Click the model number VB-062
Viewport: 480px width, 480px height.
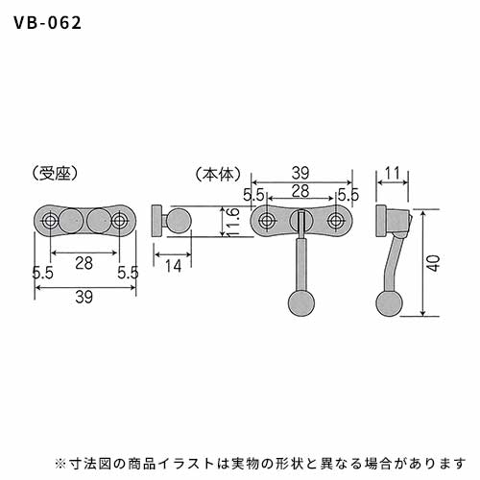(x=48, y=23)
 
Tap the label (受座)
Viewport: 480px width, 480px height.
(x=56, y=174)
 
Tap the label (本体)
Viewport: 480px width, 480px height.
(x=218, y=175)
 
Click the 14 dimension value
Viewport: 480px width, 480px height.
(x=173, y=266)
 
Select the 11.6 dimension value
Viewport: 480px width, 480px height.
(x=233, y=221)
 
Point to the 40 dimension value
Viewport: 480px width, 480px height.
(x=434, y=263)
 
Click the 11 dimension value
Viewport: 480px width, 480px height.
(x=392, y=173)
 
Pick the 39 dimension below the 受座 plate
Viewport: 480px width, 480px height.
(x=84, y=297)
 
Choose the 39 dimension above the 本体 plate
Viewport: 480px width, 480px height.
(x=300, y=173)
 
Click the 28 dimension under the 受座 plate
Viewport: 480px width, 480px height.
(x=84, y=263)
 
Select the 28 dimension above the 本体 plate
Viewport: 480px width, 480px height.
(x=300, y=191)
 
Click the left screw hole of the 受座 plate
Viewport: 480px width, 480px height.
(x=50, y=221)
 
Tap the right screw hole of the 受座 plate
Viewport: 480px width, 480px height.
(x=119, y=221)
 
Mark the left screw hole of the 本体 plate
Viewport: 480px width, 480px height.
(x=266, y=221)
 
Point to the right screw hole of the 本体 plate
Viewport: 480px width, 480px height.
(x=335, y=221)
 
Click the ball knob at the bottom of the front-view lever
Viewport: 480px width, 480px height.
(x=301, y=303)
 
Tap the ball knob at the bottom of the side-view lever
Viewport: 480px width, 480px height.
(x=389, y=303)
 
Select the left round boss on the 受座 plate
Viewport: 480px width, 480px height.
(x=72, y=221)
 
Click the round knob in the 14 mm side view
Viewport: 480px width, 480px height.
(x=180, y=221)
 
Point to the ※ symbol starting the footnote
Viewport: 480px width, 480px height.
(x=60, y=463)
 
